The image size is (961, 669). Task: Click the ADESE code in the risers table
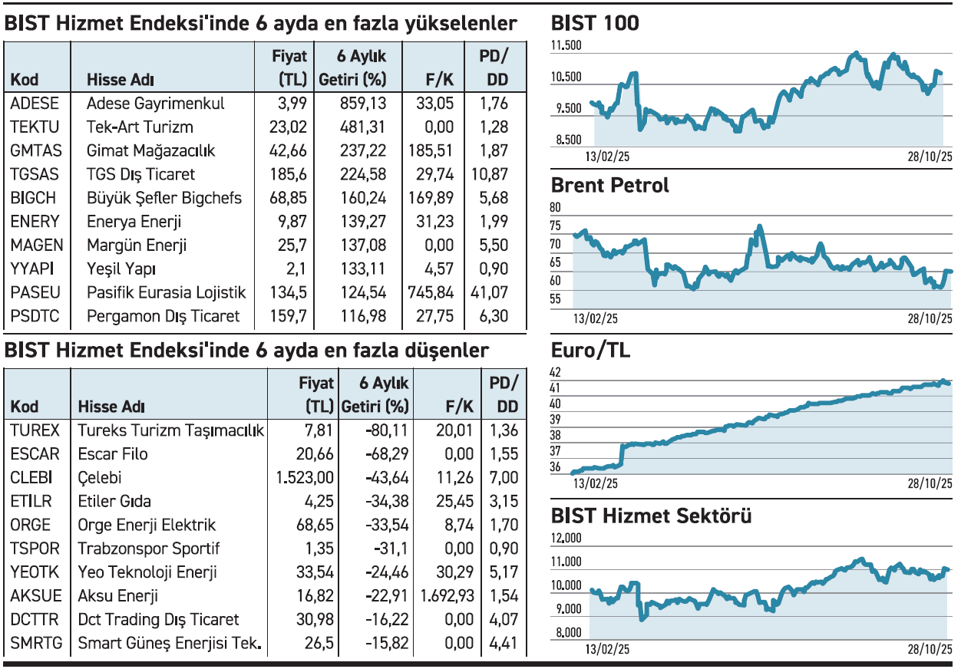[x=34, y=104]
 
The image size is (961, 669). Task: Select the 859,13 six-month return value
[x=362, y=104]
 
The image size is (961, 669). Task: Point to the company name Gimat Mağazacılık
[x=150, y=151]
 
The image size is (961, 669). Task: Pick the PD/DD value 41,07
[x=489, y=293]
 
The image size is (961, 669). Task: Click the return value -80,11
[x=386, y=430]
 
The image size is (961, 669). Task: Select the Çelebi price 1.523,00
[x=305, y=478]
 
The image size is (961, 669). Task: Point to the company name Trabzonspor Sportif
[x=148, y=549]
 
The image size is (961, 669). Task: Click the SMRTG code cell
[x=36, y=644]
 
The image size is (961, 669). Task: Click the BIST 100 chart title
[x=595, y=24]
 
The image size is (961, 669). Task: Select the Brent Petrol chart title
[x=610, y=186]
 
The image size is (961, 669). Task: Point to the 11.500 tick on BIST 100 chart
[x=566, y=47]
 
